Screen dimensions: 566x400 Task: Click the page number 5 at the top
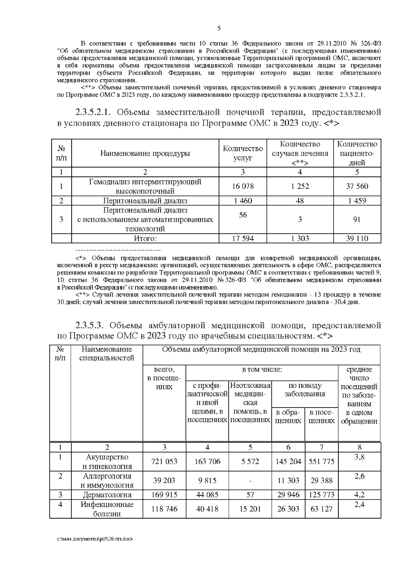click(x=219, y=28)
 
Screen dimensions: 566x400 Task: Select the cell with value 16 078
click(x=243, y=186)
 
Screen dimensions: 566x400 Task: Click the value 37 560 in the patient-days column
click(x=357, y=186)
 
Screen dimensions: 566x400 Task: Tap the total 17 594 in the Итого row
click(x=243, y=238)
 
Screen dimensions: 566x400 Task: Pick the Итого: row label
click(x=145, y=238)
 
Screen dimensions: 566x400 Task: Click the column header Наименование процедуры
click(x=145, y=153)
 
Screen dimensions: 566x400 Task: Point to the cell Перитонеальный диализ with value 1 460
click(x=145, y=201)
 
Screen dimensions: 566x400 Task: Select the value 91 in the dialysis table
click(x=357, y=219)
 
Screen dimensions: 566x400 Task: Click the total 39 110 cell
click(x=357, y=238)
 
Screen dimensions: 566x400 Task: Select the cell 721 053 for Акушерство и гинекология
click(x=164, y=462)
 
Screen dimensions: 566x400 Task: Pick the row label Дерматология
click(x=107, y=495)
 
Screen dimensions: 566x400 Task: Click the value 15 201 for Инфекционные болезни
click(x=250, y=509)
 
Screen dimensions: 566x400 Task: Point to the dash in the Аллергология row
click(x=250, y=481)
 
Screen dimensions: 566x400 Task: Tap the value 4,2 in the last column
click(x=359, y=495)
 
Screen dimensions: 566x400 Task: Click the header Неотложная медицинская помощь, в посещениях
click(x=250, y=403)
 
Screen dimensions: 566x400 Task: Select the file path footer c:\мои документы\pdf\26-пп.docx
click(x=95, y=539)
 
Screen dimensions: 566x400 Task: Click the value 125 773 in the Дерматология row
click(x=321, y=495)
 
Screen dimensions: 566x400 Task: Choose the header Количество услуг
click(x=243, y=153)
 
